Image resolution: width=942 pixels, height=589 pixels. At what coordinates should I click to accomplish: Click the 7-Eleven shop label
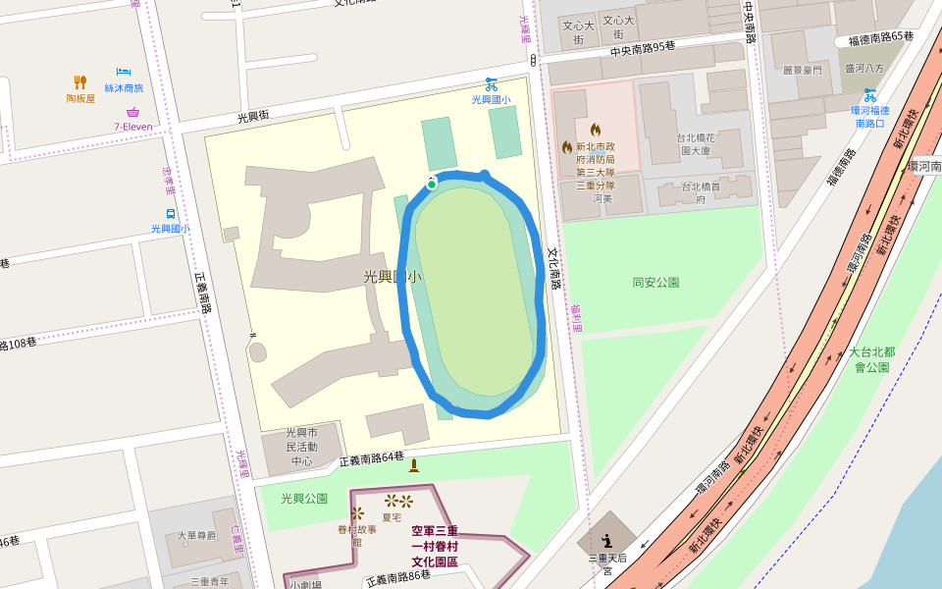point(132,127)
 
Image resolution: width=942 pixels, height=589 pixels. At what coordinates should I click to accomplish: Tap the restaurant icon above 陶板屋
point(80,82)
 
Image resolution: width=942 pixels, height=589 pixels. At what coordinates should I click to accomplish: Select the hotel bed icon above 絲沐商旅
point(124,72)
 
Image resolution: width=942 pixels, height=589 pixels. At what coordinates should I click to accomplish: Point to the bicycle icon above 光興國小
point(491,83)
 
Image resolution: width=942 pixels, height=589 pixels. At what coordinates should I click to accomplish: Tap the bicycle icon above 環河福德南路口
point(869,95)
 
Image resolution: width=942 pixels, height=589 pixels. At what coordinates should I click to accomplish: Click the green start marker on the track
point(431,184)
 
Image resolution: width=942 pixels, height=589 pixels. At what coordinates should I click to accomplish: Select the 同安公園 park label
point(655,283)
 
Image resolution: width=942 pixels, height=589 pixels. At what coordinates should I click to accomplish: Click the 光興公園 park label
point(303,498)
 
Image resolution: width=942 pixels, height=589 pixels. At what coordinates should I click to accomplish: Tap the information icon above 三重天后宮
point(606,539)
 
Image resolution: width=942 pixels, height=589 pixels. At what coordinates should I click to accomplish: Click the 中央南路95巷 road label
point(643,49)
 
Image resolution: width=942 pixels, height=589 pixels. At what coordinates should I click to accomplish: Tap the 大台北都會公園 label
point(871,359)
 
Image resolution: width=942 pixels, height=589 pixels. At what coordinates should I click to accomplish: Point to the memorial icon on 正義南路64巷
point(413,465)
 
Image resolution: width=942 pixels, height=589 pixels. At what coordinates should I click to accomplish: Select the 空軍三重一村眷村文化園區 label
point(435,546)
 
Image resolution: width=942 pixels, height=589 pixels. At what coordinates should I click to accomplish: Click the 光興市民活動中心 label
point(301,446)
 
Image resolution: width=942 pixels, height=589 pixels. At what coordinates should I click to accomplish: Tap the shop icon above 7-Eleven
point(132,112)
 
